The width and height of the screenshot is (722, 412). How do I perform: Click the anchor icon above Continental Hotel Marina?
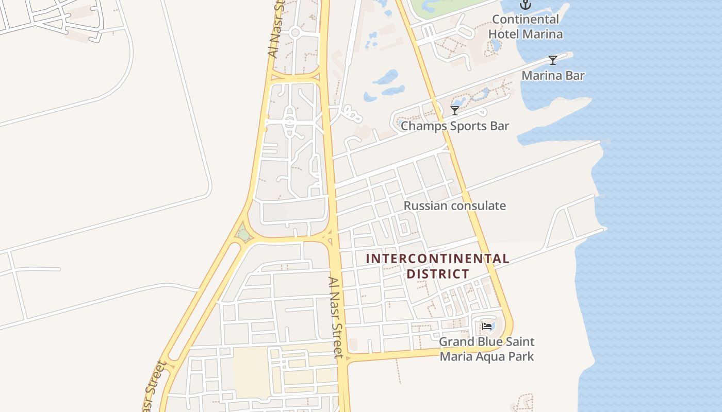point(525,5)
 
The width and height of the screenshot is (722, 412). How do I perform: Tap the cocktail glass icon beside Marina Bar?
point(553,60)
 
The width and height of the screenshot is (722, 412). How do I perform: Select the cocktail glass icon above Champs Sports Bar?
point(454,111)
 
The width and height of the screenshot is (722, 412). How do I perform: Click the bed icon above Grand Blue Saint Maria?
point(486,327)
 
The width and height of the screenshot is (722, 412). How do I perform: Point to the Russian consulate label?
point(454,206)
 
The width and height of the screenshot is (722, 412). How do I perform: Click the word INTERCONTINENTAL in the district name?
point(437,259)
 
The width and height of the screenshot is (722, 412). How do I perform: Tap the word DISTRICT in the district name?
point(437,274)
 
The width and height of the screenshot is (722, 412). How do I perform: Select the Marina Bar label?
point(553,76)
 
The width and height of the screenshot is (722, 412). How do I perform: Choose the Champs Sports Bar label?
point(454,126)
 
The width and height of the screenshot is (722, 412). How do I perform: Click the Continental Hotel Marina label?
point(525,27)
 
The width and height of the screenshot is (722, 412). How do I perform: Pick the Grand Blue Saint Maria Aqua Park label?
point(486,349)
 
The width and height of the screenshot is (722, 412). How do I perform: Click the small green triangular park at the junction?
point(243,235)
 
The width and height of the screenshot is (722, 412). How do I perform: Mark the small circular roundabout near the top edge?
point(295,33)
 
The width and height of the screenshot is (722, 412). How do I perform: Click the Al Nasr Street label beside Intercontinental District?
point(336,317)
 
